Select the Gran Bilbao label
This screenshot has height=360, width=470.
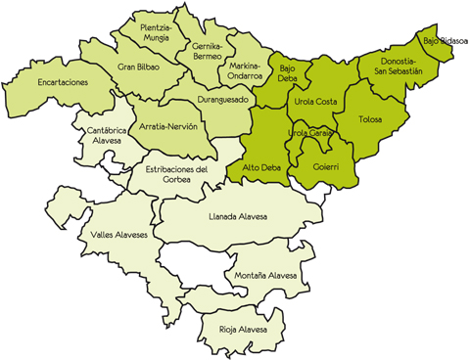138,67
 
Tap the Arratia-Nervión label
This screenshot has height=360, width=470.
168,127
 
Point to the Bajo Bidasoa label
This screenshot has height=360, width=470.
446,42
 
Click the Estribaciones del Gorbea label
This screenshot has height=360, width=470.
176,173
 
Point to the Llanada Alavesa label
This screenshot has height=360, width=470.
238,215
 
